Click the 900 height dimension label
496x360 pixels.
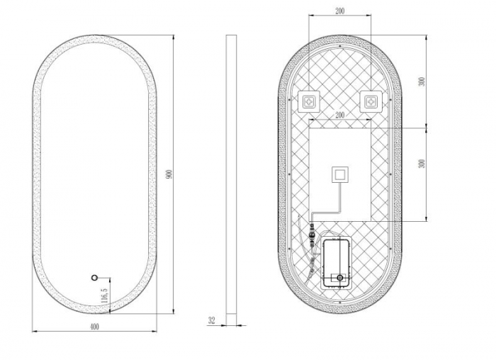[x=169, y=174]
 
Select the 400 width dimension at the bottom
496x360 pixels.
[x=94, y=326]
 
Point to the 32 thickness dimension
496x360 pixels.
[x=212, y=320]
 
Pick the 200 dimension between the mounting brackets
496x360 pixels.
[x=340, y=114]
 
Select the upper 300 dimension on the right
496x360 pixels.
[x=422, y=81]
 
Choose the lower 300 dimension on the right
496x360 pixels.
[x=422, y=163]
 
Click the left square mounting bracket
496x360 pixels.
[x=310, y=103]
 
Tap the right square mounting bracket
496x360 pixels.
[x=371, y=103]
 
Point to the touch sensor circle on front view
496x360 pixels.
[x=93, y=278]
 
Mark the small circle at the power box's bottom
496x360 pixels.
[x=340, y=277]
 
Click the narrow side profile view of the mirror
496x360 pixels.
[x=231, y=177]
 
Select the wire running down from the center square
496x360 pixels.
[x=341, y=198]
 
